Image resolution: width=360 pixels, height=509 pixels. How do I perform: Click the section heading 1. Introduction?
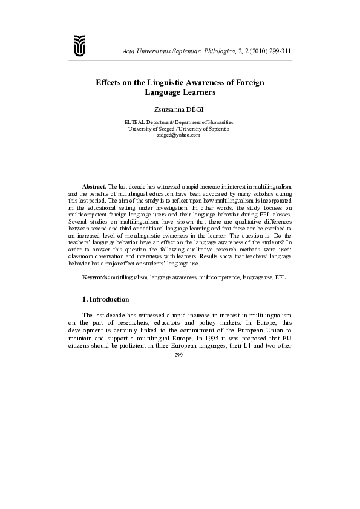click(x=105, y=299)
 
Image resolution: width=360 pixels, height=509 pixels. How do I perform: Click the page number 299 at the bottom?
click(x=178, y=355)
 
